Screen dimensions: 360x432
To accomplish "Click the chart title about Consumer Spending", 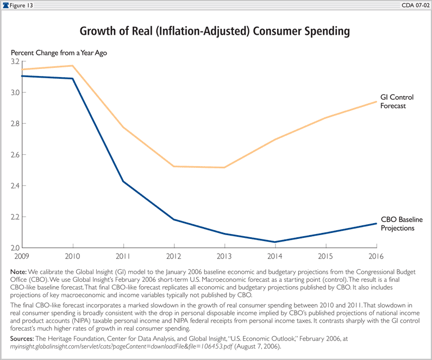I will [x=215, y=31].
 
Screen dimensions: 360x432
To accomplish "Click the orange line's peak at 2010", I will [x=73, y=66].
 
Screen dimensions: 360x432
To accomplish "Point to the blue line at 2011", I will [x=123, y=181].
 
